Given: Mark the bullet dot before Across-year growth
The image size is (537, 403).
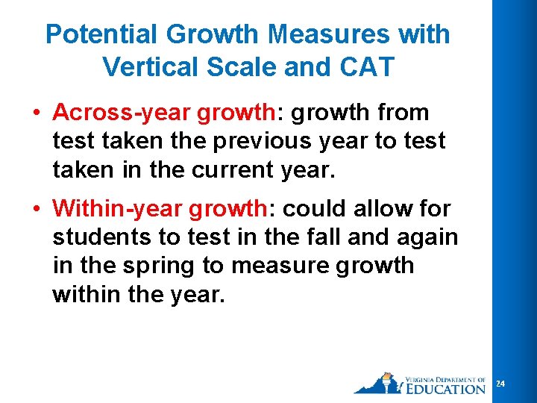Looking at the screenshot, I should pos(35,113).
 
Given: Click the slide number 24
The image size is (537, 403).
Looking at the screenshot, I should pos(501,384).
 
